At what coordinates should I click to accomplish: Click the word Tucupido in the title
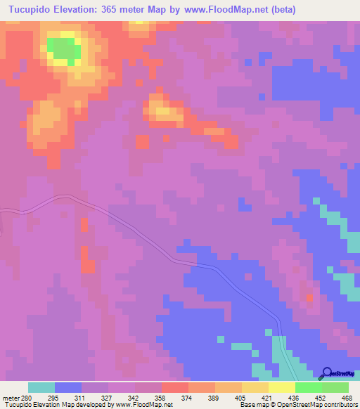point(27,10)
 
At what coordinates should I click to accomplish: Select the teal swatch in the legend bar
point(41,387)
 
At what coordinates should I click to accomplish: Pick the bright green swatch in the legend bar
point(308,387)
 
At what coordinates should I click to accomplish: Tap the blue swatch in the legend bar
point(68,387)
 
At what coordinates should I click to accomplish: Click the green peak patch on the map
point(63,48)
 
